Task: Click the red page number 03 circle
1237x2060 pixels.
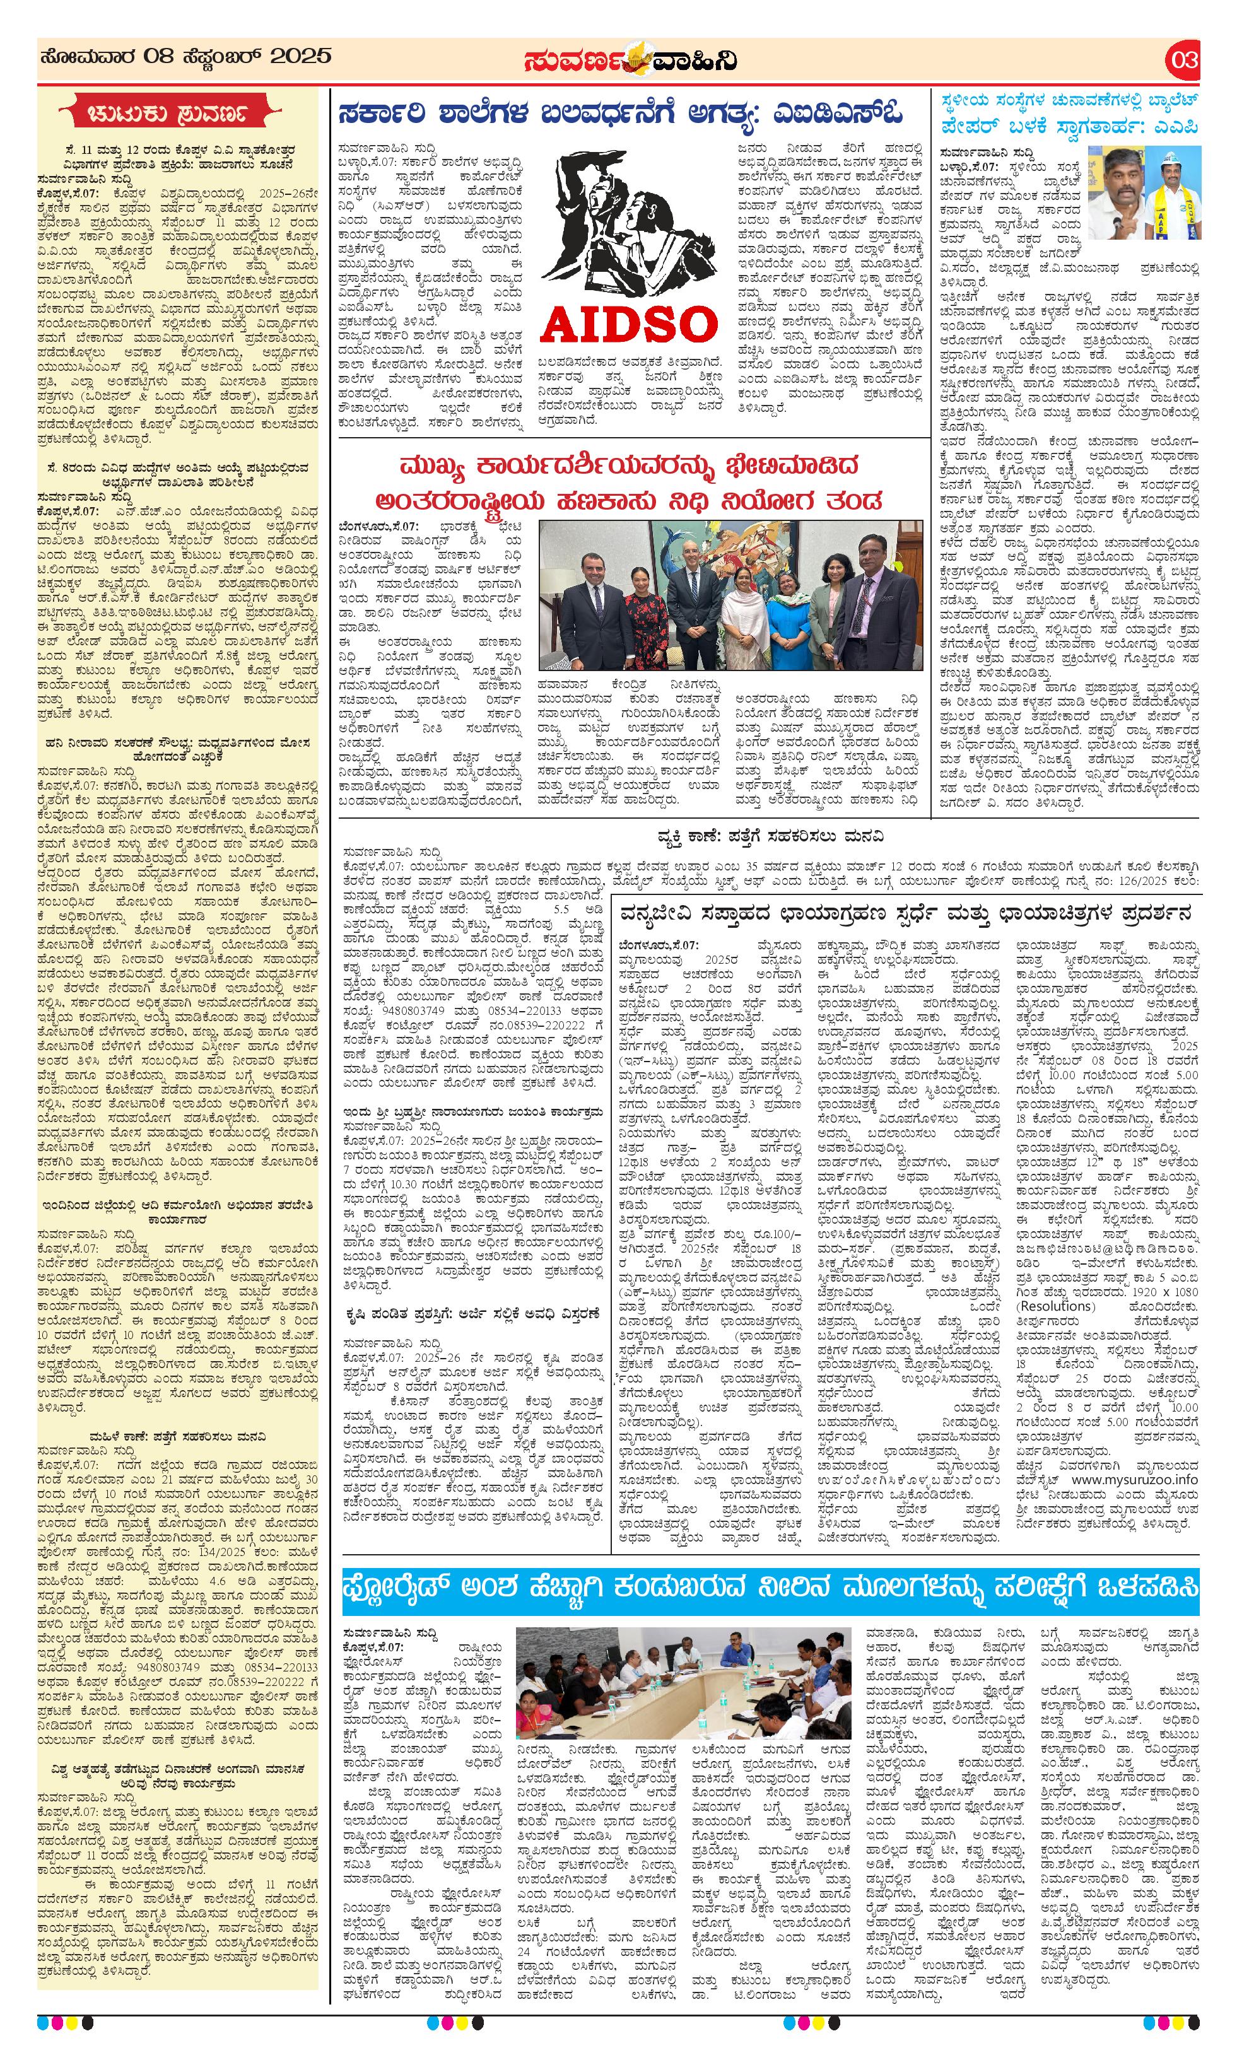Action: click(x=1183, y=60)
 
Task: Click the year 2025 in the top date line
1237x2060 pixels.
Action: click(x=302, y=57)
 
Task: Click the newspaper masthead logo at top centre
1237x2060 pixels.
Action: click(x=630, y=60)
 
